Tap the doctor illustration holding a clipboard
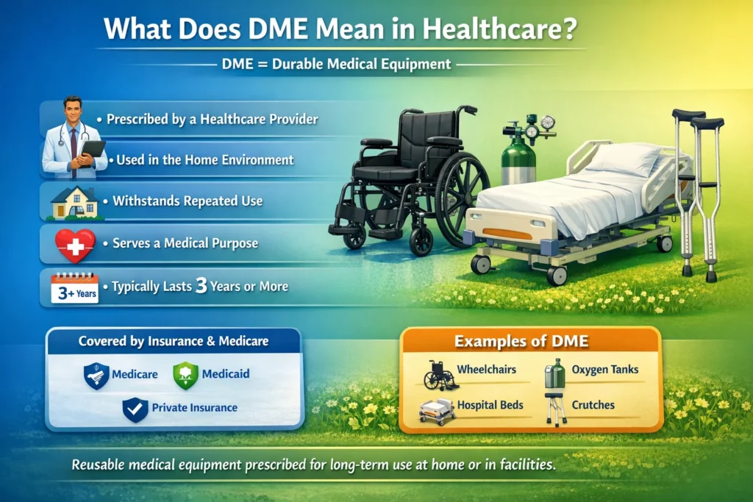click(x=74, y=136)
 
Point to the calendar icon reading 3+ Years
click(x=74, y=287)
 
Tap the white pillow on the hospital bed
click(x=624, y=159)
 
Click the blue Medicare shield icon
click(x=96, y=375)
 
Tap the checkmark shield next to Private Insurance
click(x=135, y=408)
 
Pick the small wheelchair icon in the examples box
click(x=439, y=375)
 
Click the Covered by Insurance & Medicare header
click(x=174, y=341)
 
